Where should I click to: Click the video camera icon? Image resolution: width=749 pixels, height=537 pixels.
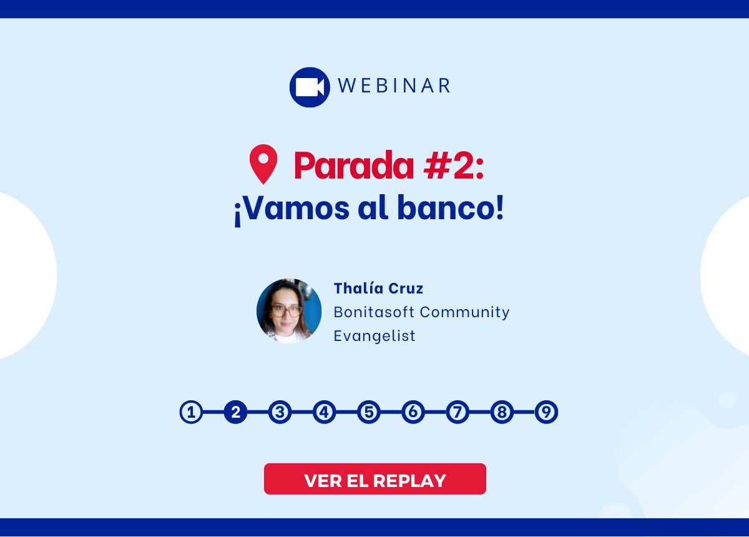310,87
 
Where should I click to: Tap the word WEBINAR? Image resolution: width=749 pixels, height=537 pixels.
394,86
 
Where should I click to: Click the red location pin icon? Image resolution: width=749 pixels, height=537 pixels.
263,164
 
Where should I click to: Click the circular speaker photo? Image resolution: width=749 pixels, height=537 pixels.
289,311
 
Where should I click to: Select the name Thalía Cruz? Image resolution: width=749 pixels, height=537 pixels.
378,288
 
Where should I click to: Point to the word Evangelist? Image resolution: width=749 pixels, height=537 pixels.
374,336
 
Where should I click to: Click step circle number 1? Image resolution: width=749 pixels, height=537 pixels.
192,413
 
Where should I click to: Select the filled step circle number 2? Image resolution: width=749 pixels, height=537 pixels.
236,413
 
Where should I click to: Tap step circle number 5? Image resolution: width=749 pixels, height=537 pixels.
369,413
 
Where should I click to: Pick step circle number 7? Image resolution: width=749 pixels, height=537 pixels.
458,413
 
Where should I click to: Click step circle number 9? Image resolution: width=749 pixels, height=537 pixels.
546,413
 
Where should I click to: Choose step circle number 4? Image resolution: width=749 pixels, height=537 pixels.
325,413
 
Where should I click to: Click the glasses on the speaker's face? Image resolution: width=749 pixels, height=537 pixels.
286,310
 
